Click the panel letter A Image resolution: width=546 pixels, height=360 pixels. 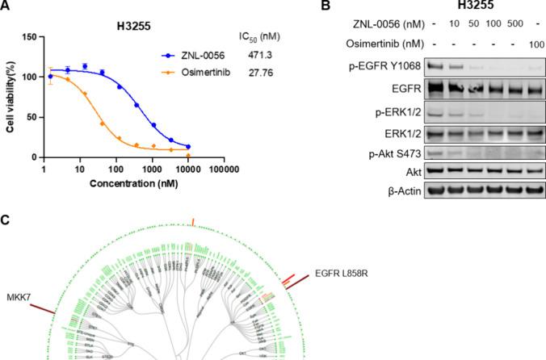click(x=6, y=6)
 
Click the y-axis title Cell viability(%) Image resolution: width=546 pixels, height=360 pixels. click(x=10, y=97)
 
